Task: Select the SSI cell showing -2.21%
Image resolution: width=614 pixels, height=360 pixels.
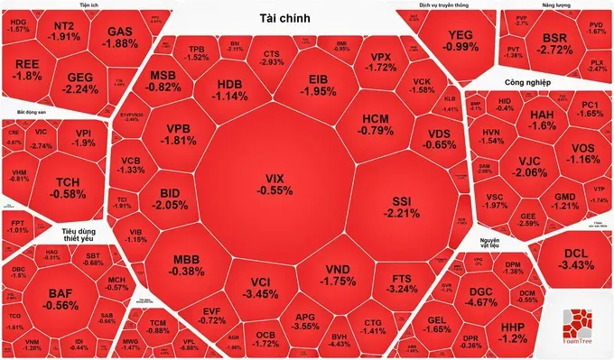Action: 400,208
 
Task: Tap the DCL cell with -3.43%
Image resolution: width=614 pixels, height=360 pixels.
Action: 572,260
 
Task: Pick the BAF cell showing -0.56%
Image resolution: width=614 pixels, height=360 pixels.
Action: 60,299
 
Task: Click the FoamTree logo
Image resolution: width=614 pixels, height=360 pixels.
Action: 580,330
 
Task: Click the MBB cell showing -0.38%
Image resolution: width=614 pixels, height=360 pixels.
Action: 188,265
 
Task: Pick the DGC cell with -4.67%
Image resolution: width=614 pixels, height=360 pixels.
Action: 491,299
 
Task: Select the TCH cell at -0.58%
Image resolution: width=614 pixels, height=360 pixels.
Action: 65,188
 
